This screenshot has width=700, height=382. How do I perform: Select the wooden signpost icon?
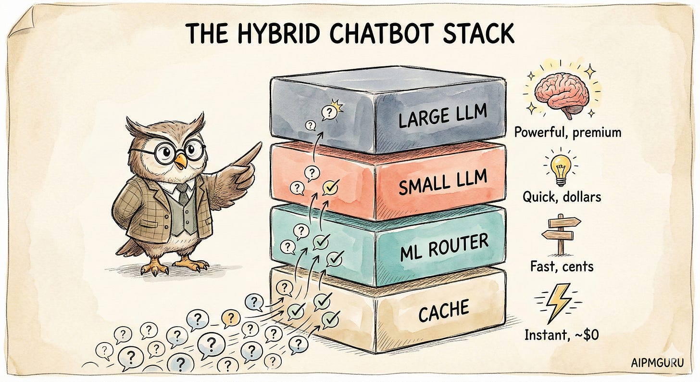[561, 234]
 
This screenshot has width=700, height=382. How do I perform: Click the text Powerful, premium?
[567, 132]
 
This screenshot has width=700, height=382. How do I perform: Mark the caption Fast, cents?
[561, 266]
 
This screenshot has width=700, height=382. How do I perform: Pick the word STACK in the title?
[478, 33]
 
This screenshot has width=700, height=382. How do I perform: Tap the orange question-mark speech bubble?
[231, 317]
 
